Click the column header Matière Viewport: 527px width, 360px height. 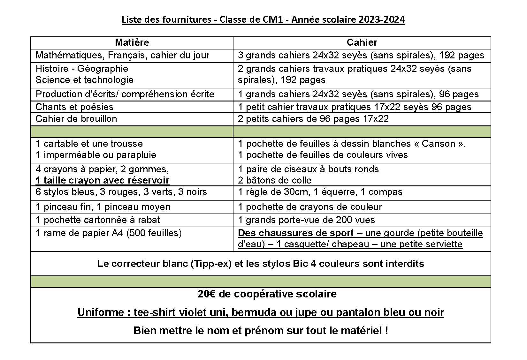(132, 42)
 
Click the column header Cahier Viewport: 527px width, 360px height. (362, 42)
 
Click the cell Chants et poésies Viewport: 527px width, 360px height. (74, 107)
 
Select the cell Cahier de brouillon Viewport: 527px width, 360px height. (76, 119)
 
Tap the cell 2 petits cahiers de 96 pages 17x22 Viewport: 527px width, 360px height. (313, 119)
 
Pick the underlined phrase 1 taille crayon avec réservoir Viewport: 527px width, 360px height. (102, 180)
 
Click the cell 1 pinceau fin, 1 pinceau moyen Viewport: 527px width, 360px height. (103, 207)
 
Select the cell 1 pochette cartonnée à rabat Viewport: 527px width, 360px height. (98, 220)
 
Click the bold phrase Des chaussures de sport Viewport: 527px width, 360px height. (296, 233)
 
